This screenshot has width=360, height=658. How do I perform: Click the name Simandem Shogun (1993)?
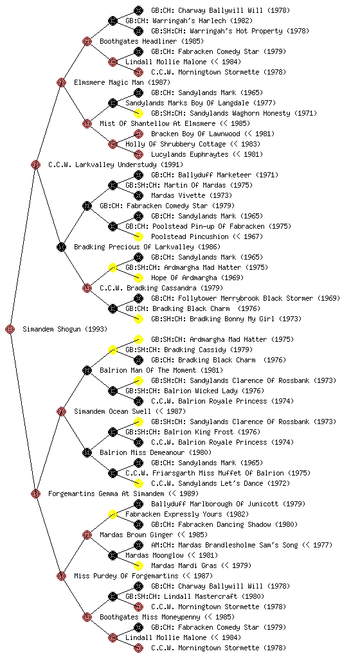coord(65,330)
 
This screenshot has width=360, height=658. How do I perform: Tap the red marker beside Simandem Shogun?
coord(10,330)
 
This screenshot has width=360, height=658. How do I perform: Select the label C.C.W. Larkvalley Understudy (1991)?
coord(116,165)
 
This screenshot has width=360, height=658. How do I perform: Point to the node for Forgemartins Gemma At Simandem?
coord(35,494)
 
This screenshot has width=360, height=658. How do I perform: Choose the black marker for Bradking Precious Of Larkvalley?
coord(61,247)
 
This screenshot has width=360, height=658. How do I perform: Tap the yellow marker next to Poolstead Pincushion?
coord(138,236)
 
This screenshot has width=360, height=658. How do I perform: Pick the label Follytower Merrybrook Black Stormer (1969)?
coord(246,298)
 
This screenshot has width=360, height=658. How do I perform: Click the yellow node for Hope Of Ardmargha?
coord(138,278)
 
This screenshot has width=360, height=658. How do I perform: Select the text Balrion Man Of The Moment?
coord(149,371)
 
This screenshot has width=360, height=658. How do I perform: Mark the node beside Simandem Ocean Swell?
coord(61,412)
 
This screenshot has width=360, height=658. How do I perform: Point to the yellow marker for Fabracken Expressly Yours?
coord(113,515)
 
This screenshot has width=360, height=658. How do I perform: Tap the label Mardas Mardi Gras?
coord(184,565)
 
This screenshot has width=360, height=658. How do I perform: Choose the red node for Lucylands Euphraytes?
coord(138,154)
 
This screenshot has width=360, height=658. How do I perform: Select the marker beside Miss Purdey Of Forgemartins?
coord(61,576)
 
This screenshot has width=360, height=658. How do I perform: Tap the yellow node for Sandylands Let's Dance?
coord(138,483)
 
